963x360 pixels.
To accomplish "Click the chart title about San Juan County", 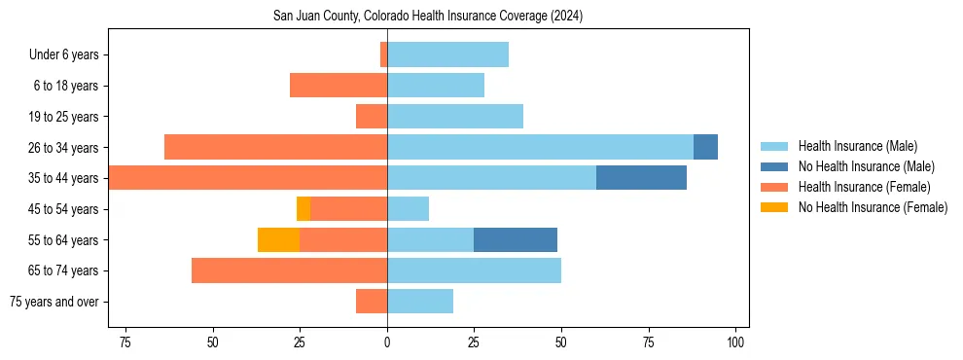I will point(429,17).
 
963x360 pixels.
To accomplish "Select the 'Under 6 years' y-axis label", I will point(64,54).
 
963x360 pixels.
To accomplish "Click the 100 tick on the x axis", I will point(736,343).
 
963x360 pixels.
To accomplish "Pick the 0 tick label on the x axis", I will point(387,343).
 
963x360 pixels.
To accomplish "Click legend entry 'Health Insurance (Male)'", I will point(857,146).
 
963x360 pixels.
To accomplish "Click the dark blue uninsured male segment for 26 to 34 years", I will point(705,147).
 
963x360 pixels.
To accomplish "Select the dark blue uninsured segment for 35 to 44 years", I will point(641,178).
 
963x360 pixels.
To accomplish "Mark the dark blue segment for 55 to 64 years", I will point(516,239).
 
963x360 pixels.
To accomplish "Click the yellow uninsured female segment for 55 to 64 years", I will point(278,239).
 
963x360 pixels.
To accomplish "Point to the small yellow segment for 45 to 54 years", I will point(303,208).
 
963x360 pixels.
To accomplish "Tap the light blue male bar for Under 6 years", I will point(447,54).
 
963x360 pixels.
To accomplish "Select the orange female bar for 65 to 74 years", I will point(289,270).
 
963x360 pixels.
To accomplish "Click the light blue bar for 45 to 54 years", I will point(408,208).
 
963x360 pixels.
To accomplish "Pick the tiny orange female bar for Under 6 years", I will point(383,54).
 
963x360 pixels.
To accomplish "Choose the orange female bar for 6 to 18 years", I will point(339,86).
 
